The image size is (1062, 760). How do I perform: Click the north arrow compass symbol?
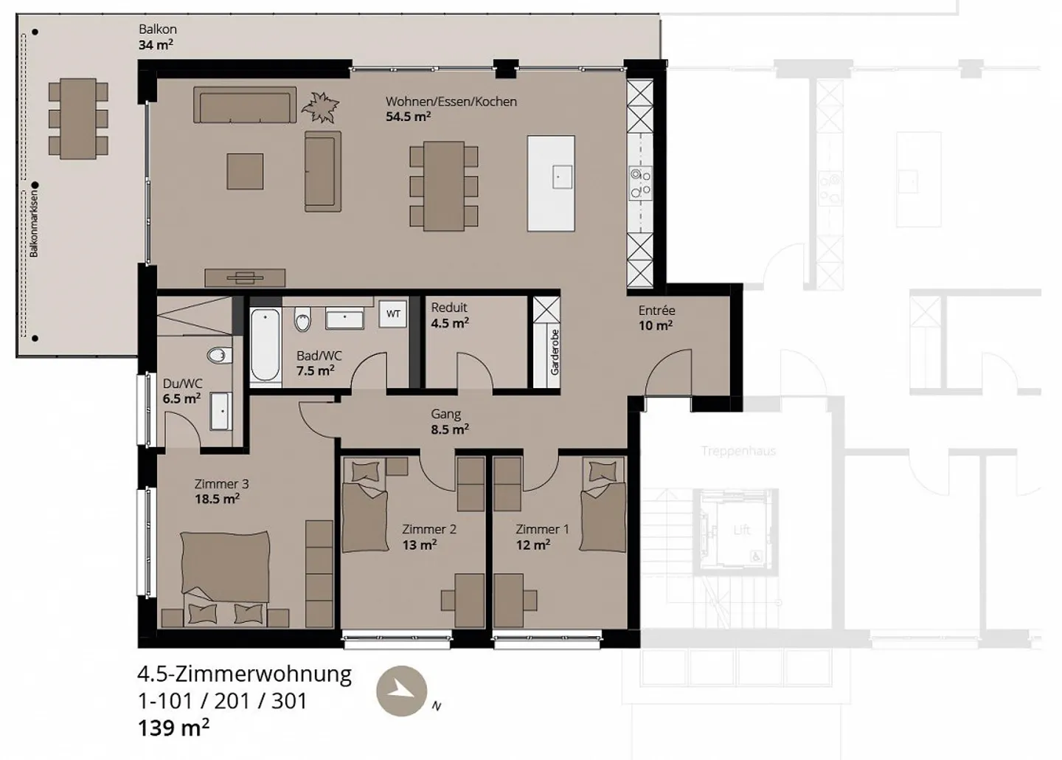[x=401, y=691]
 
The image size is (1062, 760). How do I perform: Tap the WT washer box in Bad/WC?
[x=393, y=314]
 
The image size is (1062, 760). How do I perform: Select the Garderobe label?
[x=555, y=353]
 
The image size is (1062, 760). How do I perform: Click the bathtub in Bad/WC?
[x=265, y=345]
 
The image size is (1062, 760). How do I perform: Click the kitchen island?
[x=552, y=183]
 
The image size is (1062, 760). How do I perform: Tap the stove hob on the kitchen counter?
[x=639, y=183]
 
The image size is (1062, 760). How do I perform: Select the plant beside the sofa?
[x=321, y=107]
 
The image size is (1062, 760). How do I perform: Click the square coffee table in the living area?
[x=245, y=171]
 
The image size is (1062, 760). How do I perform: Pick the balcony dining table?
[x=78, y=118]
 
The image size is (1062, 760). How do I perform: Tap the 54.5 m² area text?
[x=408, y=117]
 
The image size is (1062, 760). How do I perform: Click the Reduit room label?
[x=449, y=308]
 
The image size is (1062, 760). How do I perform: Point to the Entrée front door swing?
[x=667, y=373]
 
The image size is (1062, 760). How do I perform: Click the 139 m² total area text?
[x=173, y=728]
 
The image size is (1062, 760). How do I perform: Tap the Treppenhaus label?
[x=738, y=451]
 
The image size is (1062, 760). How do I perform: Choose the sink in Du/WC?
[x=221, y=411]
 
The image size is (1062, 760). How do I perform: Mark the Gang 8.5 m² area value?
[x=450, y=429]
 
